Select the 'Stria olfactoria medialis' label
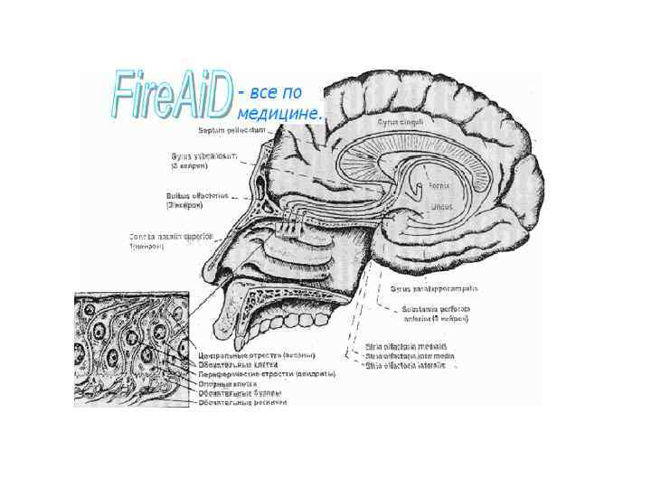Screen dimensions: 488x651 click(x=405, y=346)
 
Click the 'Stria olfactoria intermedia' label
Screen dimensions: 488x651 click(x=409, y=356)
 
